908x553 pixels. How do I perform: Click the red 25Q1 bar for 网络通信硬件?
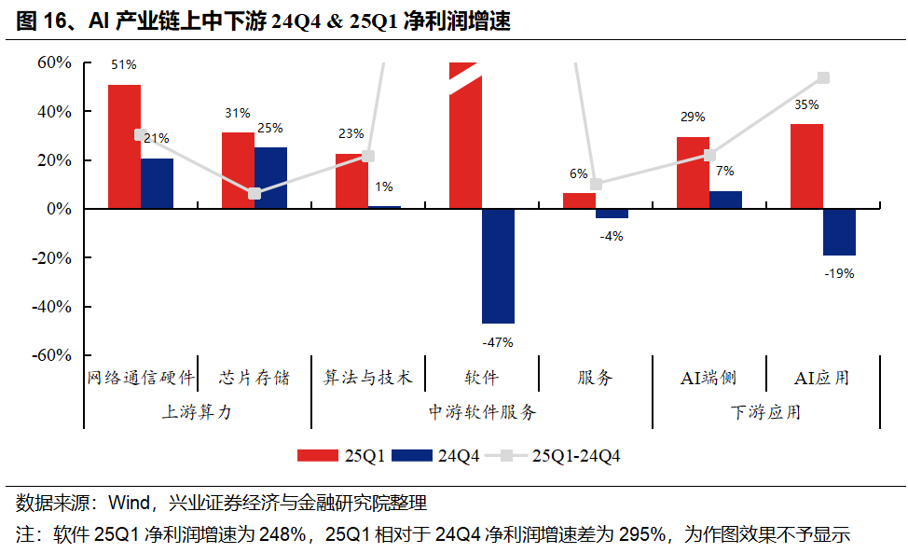coord(124,146)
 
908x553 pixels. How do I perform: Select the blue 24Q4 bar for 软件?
coord(498,266)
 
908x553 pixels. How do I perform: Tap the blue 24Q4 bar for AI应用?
coord(839,231)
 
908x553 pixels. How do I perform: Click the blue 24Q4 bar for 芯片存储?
coord(270,178)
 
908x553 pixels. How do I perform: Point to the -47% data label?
coord(497,342)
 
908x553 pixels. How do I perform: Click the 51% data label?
coord(124,65)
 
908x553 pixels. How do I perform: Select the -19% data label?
coord(839,273)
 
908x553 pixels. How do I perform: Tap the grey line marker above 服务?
coord(596,184)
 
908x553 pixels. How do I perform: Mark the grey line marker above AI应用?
coord(823,78)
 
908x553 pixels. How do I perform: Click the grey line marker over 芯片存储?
coord(255,193)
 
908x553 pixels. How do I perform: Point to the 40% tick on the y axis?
coord(54,111)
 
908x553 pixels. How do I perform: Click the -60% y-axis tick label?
coord(52,355)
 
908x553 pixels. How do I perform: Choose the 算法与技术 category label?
coord(367,378)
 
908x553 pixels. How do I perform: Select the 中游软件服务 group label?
coord(482,412)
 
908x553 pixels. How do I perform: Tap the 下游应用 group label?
coord(765,412)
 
